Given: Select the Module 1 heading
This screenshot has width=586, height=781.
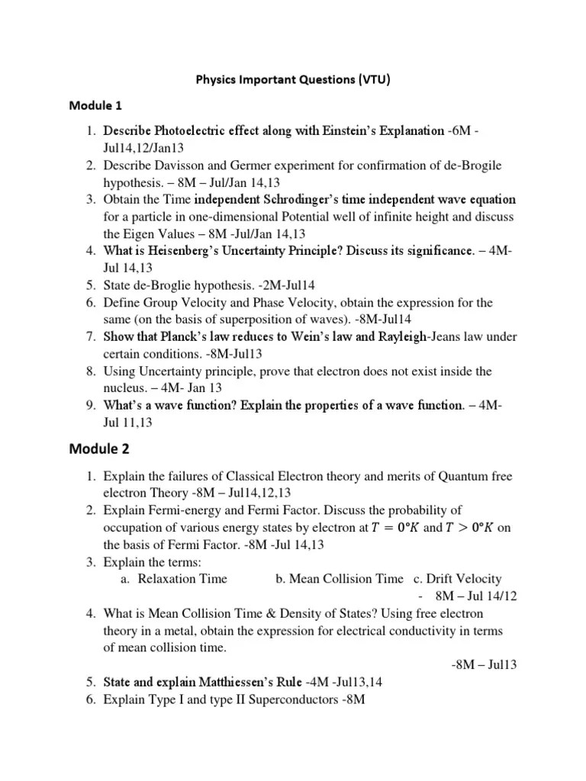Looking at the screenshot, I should click(x=117, y=104).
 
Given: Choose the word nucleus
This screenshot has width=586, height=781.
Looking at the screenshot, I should click(x=127, y=389).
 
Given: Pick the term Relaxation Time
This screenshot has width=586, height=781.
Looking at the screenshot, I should click(x=183, y=579).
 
